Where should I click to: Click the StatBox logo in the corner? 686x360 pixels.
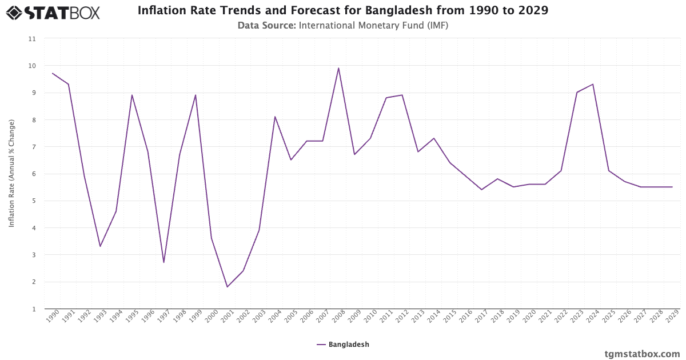(x=53, y=12)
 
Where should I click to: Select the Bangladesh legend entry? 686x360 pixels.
(x=343, y=345)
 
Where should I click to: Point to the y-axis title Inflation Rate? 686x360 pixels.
(x=11, y=173)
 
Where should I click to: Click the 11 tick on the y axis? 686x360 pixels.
(x=32, y=39)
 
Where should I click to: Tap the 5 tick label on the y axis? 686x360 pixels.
(x=34, y=201)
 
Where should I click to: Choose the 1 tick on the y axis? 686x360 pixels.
(x=34, y=309)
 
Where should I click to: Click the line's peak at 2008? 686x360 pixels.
(x=338, y=69)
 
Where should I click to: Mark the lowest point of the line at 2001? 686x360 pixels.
(x=228, y=287)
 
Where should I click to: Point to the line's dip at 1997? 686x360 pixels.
(x=163, y=262)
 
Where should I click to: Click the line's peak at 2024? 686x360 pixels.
(x=593, y=85)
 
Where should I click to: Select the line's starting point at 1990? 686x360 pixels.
(x=53, y=73)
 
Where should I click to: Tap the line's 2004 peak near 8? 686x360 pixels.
(x=275, y=117)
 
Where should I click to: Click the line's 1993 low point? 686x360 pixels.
(x=100, y=246)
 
